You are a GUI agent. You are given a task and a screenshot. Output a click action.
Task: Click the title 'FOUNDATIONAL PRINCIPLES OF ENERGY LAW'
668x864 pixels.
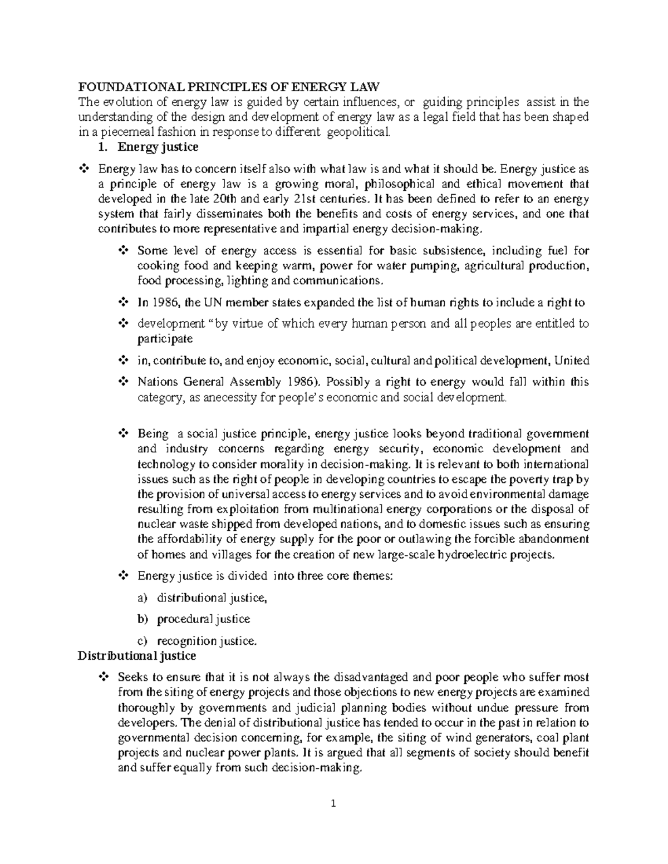(228, 87)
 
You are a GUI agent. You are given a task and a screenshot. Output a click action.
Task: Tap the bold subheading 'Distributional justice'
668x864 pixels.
(136, 656)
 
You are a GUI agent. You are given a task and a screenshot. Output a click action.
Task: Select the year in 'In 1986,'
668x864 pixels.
(164, 303)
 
